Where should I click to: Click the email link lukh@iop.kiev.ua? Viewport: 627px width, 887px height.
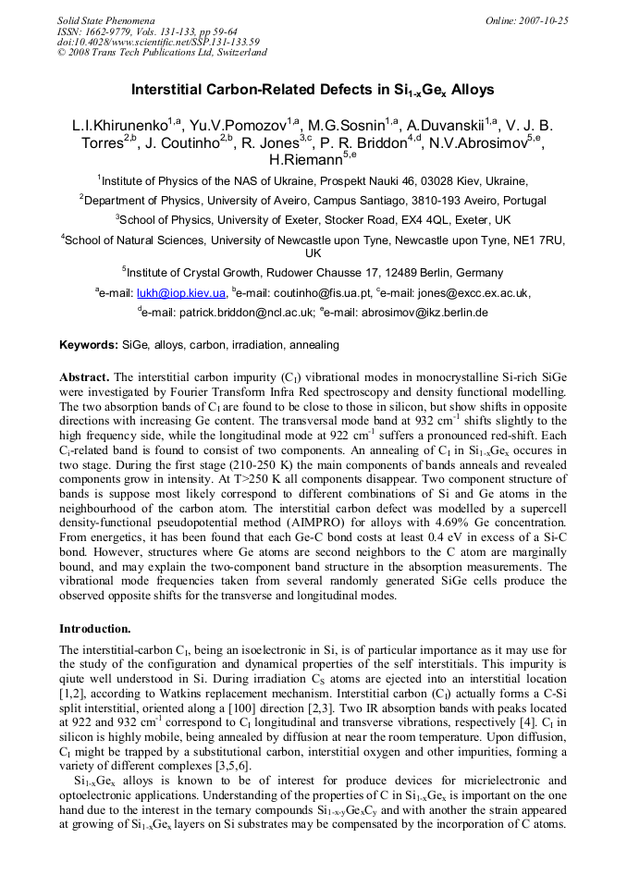[181, 293]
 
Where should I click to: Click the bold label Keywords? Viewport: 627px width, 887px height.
[89, 345]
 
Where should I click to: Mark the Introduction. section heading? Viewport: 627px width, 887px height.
[95, 628]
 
